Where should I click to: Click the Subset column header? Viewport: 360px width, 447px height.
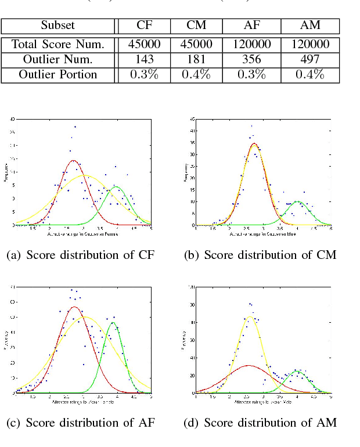57,26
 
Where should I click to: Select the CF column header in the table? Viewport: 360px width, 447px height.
145,26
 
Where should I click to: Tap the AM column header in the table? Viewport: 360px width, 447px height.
310,26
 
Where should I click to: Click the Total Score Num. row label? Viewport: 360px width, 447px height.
57,45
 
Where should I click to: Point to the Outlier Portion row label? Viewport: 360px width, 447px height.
57,74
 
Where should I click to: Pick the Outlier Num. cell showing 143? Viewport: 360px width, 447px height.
145,59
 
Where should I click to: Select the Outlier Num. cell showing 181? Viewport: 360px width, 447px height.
197,59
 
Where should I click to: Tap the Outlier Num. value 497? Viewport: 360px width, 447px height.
310,59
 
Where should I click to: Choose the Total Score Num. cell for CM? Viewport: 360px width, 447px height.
197,45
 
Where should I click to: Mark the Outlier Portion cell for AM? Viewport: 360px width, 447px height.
310,74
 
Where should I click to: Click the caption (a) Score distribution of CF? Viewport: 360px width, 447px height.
81,254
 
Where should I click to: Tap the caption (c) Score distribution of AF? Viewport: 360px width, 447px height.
81,423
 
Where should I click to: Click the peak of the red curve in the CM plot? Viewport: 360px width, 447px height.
254,143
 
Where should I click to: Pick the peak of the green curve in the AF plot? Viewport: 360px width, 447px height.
113,323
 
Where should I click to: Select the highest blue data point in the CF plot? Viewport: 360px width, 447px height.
75,127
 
